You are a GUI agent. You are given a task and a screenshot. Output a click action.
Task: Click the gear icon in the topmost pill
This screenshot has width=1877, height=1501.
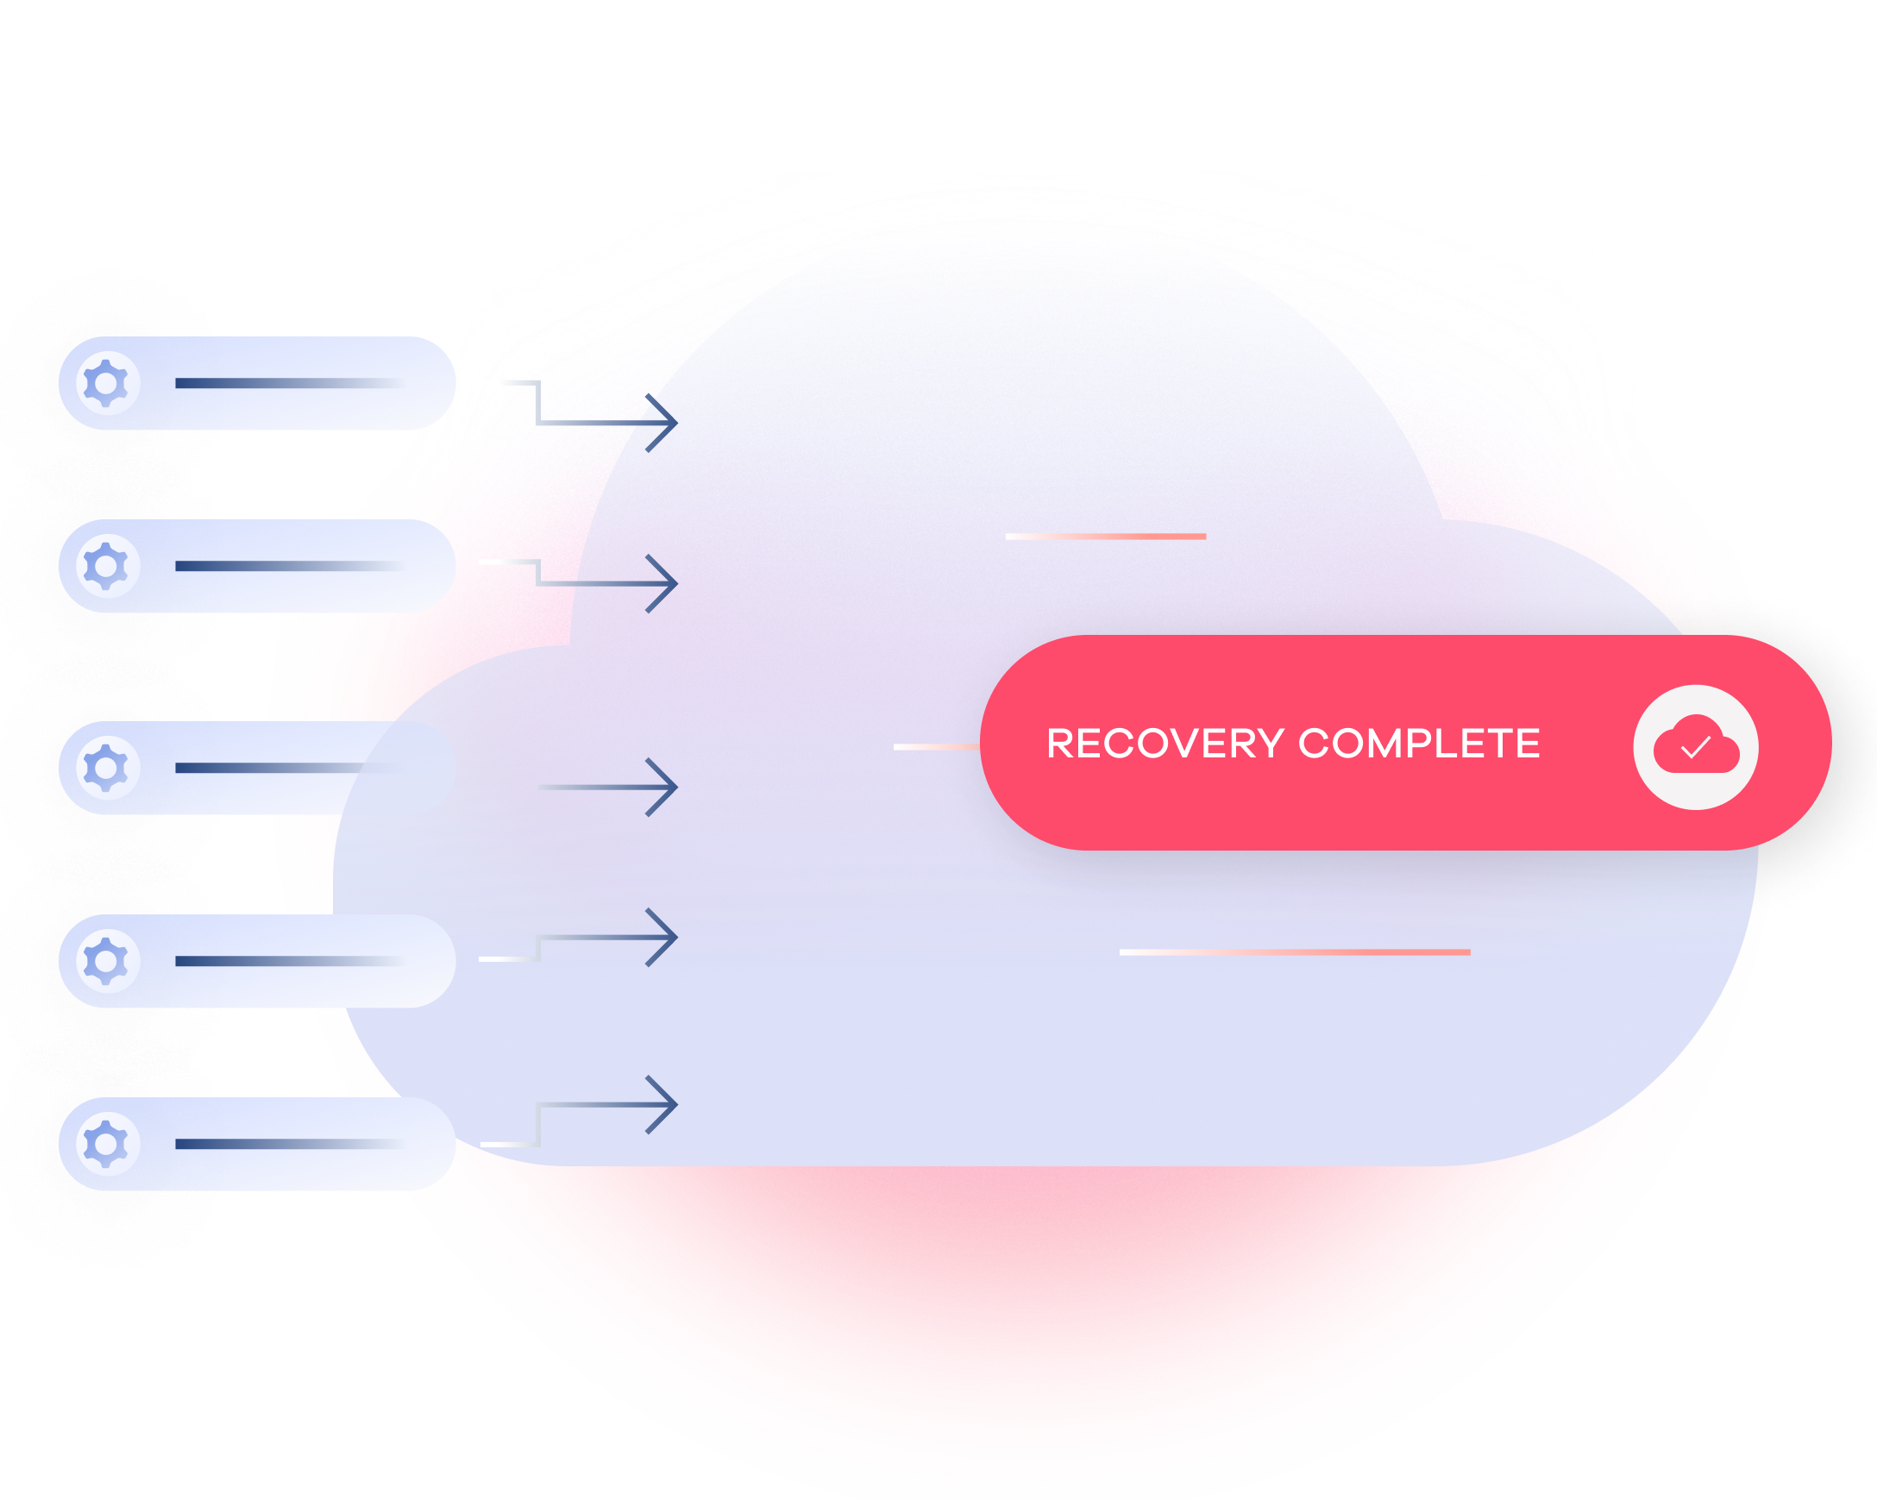coord(106,383)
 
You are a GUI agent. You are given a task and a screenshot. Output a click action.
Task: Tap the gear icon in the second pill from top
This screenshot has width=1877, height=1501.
coord(106,566)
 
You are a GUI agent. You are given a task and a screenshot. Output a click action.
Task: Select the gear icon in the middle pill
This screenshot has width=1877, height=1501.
coord(106,768)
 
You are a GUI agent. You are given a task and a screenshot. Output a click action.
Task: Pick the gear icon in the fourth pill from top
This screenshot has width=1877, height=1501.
coord(106,961)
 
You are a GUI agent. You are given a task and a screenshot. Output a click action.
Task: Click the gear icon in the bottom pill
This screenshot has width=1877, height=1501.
coord(106,1143)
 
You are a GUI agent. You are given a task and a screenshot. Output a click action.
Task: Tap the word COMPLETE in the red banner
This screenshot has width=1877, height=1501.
coord(1419,744)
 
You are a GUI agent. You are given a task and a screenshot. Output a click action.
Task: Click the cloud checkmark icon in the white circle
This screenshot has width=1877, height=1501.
coord(1695,747)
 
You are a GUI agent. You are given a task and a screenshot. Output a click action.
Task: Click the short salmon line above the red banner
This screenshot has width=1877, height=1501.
coord(1106,537)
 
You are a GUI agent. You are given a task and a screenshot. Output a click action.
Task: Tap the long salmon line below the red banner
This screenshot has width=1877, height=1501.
coord(1295,952)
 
